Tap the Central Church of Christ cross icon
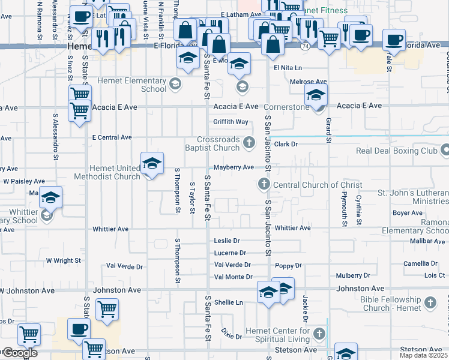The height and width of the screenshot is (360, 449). (262, 184)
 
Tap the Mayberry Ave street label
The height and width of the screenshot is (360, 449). (234, 167)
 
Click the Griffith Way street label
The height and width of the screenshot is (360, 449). (231, 122)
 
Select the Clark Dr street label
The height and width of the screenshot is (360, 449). (286, 144)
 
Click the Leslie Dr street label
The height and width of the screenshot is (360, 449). (227, 241)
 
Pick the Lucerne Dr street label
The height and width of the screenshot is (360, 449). (230, 253)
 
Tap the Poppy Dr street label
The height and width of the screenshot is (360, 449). (288, 265)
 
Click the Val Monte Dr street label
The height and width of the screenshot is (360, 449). (233, 277)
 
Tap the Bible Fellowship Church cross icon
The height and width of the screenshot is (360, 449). (430, 302)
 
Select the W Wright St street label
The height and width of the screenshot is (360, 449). (63, 260)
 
